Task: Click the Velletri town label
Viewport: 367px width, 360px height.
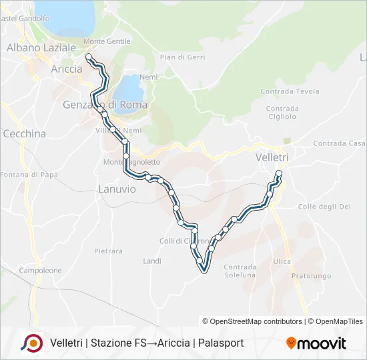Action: pyautogui.click(x=272, y=157)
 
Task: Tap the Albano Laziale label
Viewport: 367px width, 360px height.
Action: pyautogui.click(x=32, y=48)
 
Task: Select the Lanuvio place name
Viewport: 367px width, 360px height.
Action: pyautogui.click(x=117, y=189)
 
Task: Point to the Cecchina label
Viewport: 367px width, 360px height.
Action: pyautogui.click(x=25, y=133)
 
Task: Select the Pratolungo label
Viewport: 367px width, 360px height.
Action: pyautogui.click(x=311, y=275)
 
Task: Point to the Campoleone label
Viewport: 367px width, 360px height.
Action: pyautogui.click(x=41, y=271)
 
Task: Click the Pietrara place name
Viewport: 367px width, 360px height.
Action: pyautogui.click(x=109, y=251)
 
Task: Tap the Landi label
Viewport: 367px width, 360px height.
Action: pyautogui.click(x=152, y=261)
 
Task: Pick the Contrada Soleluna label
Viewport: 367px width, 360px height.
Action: pyautogui.click(x=240, y=271)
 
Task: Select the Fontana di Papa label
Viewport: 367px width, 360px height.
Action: pyautogui.click(x=29, y=175)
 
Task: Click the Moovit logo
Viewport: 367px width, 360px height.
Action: pyautogui.click(x=316, y=343)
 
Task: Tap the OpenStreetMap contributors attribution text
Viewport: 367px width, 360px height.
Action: pyautogui.click(x=252, y=321)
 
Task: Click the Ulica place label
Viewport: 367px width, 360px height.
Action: pyautogui.click(x=282, y=261)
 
